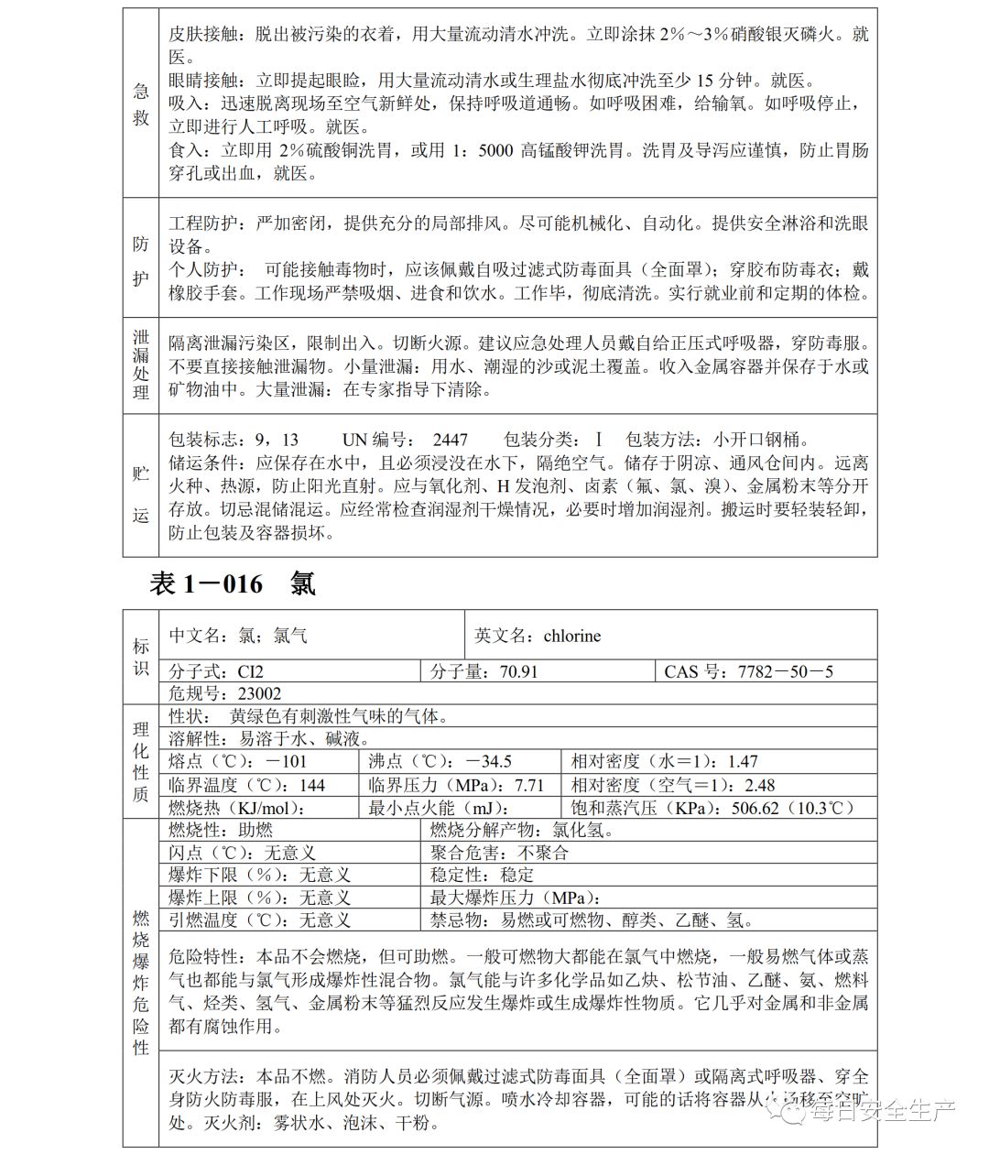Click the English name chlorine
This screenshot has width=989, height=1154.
(571, 636)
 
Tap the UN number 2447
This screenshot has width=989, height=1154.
(450, 440)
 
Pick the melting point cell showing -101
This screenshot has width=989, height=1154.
(238, 761)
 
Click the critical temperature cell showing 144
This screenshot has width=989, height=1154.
(247, 785)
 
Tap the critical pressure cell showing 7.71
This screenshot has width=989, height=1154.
(455, 785)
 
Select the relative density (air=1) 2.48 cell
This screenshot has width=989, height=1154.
(673, 785)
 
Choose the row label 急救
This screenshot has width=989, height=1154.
(140, 104)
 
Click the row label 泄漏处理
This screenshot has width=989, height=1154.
(140, 365)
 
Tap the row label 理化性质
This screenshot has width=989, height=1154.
(140, 761)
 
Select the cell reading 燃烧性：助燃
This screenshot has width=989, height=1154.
(222, 830)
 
